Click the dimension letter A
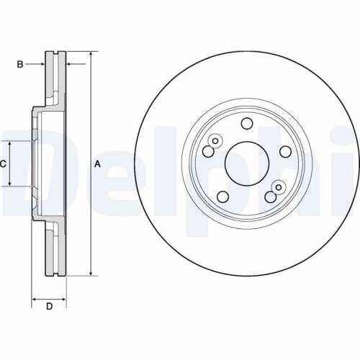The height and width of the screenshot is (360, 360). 98,164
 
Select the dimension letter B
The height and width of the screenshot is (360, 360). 20,64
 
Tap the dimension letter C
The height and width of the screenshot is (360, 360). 4,164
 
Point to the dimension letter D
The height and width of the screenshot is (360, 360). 49,307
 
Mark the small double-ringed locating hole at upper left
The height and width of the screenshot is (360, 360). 215,141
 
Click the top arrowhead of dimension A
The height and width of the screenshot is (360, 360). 91,55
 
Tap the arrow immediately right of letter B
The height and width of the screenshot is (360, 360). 42,64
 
